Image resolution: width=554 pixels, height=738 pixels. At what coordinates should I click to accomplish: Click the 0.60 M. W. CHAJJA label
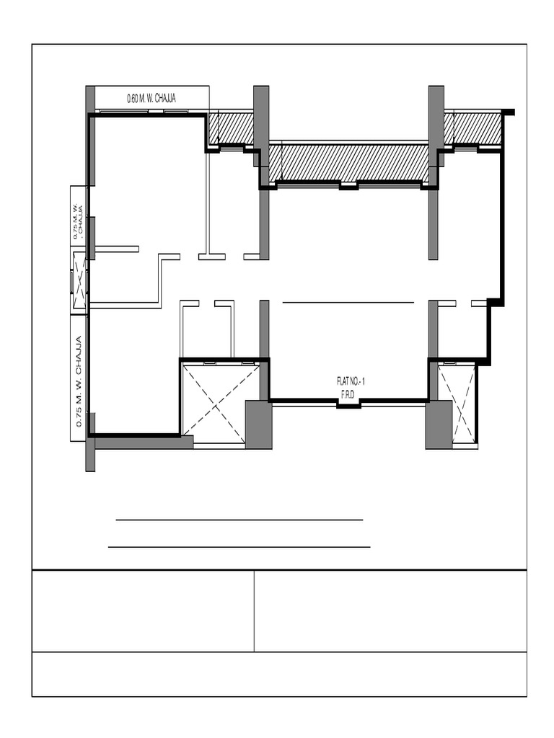click(151, 98)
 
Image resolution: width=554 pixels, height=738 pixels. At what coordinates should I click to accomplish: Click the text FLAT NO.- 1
click(351, 381)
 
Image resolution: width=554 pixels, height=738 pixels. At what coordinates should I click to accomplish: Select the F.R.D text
click(350, 394)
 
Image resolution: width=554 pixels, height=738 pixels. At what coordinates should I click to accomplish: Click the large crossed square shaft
click(220, 403)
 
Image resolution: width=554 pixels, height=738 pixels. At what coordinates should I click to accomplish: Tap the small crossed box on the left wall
click(79, 280)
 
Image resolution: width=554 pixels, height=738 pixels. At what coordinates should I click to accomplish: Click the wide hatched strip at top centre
click(348, 163)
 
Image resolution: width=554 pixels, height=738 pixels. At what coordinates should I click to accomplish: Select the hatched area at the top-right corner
click(472, 128)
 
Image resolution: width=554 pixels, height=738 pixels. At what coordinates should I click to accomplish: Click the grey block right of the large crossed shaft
click(258, 425)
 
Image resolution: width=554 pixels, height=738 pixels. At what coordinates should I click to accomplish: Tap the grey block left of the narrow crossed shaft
click(438, 425)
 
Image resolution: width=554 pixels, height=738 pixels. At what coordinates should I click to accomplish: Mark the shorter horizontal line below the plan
click(239, 519)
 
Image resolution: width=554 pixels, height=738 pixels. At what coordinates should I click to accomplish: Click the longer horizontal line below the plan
click(239, 547)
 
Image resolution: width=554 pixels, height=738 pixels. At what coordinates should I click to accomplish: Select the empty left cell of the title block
click(143, 611)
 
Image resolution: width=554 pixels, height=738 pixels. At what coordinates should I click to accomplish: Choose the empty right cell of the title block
click(390, 611)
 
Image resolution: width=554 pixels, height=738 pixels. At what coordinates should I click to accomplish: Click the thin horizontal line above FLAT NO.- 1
click(348, 303)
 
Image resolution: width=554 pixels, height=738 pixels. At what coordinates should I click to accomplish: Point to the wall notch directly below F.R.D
click(349, 405)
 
